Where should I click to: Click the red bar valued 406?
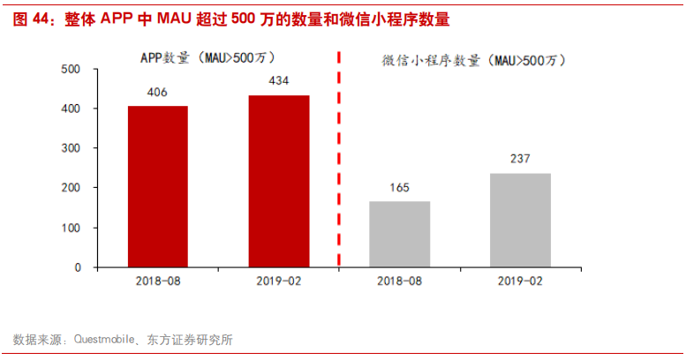[x=158, y=186]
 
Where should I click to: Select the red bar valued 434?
[x=279, y=181]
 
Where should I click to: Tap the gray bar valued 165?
[x=400, y=234]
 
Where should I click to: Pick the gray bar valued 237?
[x=520, y=220]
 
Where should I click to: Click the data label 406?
[x=158, y=94]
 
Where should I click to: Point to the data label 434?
[x=279, y=81]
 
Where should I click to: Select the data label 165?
[x=400, y=188]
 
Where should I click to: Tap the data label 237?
[x=520, y=159]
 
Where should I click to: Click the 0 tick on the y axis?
[x=78, y=267]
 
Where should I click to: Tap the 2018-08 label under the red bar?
[x=158, y=282]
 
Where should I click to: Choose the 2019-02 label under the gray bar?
[x=520, y=282]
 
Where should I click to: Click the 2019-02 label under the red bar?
[x=279, y=282]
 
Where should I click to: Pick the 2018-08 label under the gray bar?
[x=400, y=282]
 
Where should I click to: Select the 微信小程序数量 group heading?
[x=473, y=60]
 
